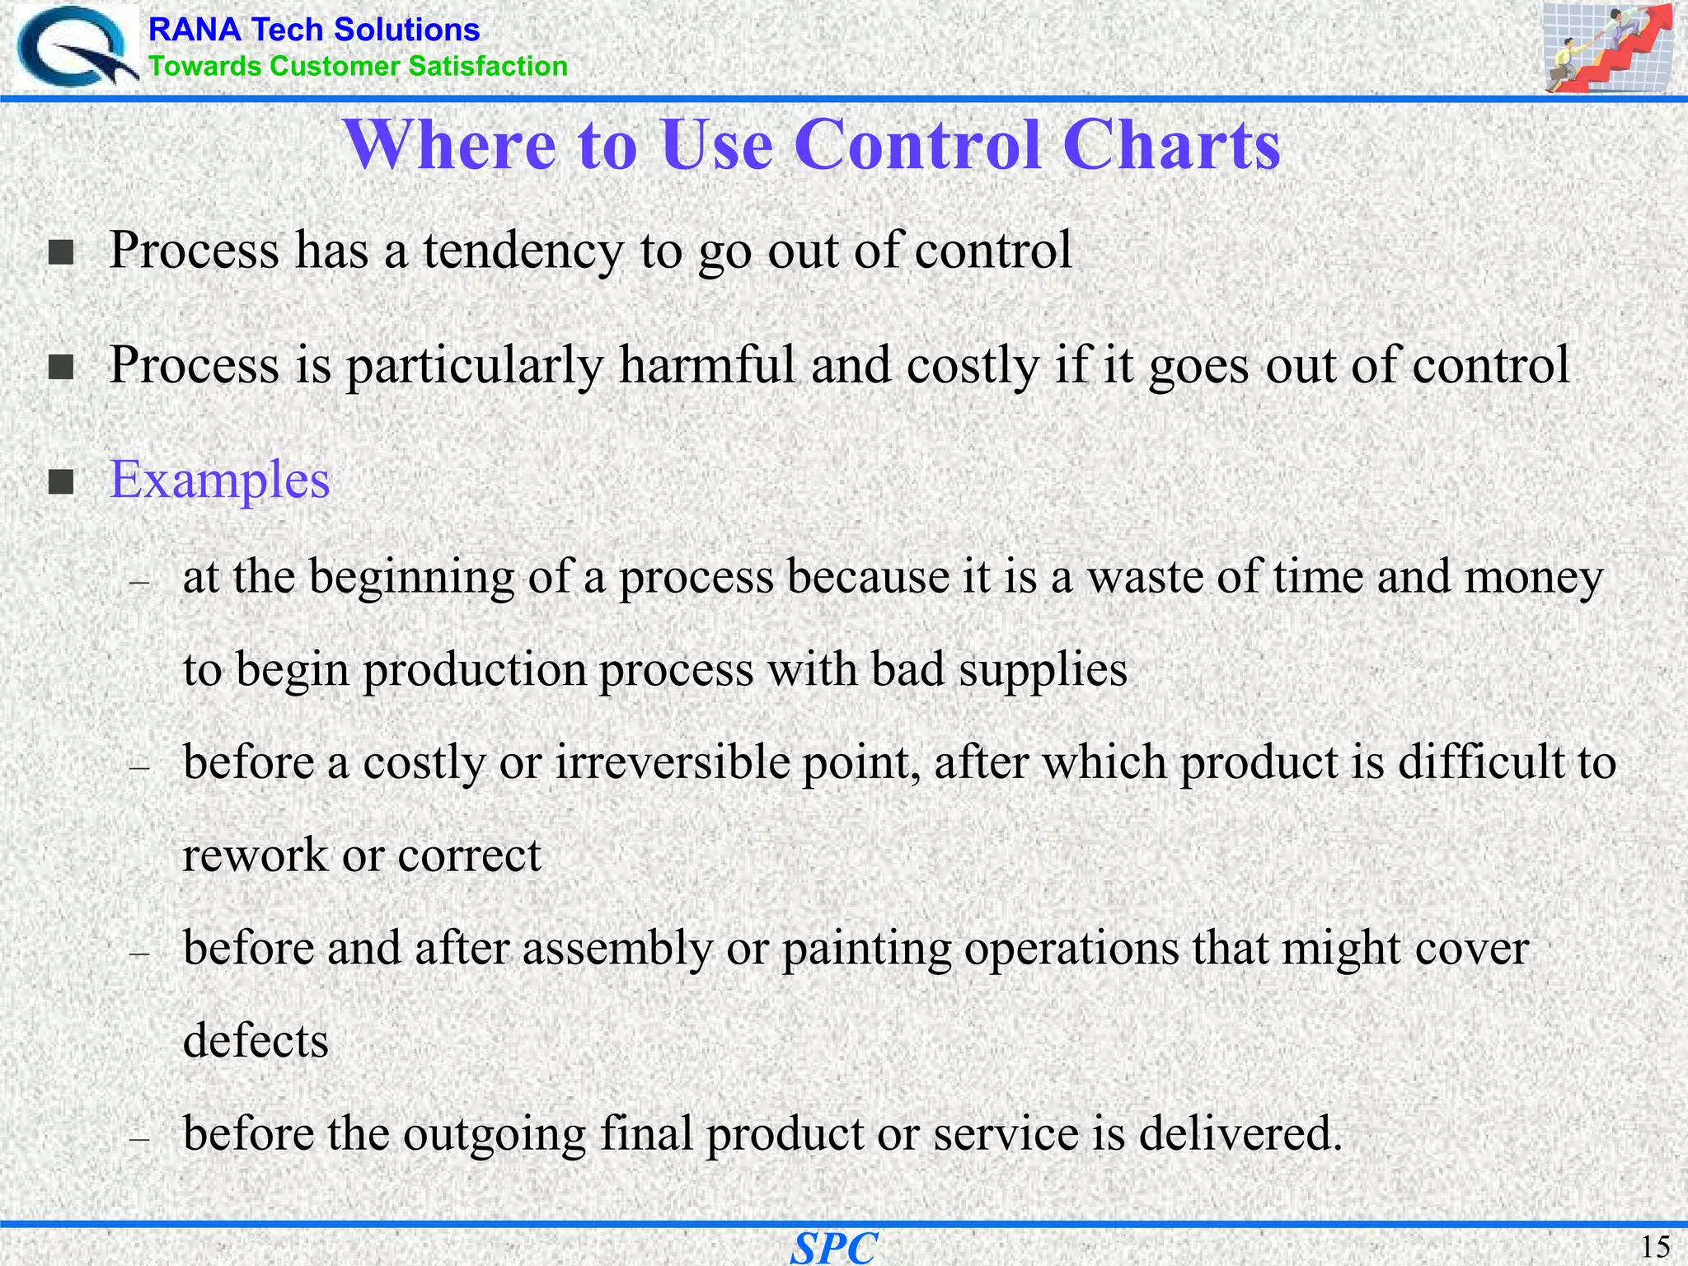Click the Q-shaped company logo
click(76, 48)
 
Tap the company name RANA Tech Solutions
click(313, 30)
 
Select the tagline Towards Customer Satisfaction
click(358, 66)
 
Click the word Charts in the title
click(1171, 145)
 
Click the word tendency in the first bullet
click(523, 250)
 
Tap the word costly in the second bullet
click(973, 367)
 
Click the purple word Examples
click(219, 481)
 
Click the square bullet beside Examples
click(61, 481)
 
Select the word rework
click(255, 855)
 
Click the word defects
click(256, 1040)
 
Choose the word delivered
click(1240, 1133)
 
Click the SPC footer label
click(833, 1247)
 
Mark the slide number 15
click(1655, 1246)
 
